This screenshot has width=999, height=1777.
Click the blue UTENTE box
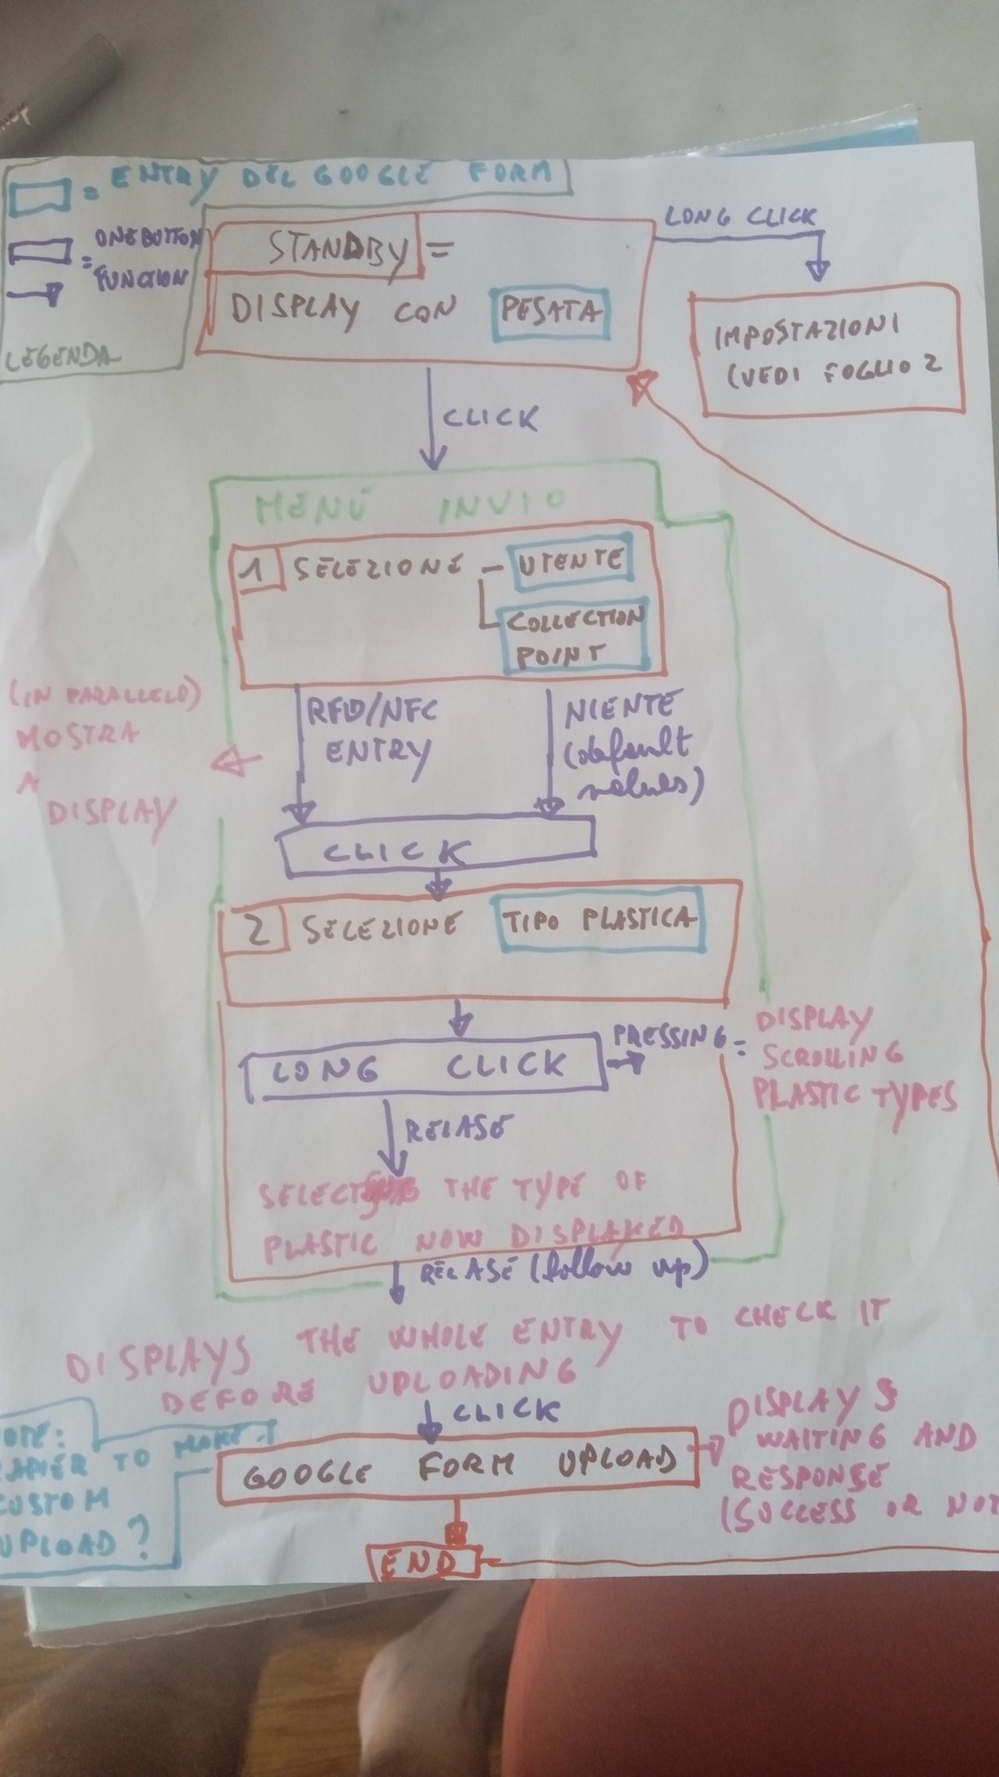tap(568, 560)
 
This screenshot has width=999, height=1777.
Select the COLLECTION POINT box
tap(574, 637)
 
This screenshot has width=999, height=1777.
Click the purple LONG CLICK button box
tap(425, 1067)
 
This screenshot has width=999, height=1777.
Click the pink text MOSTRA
tap(78, 735)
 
